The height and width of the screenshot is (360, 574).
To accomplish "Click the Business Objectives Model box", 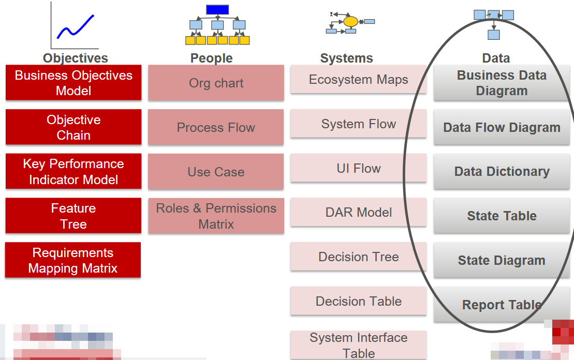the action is point(73,83).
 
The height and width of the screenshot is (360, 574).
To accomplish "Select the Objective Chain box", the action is point(73,127).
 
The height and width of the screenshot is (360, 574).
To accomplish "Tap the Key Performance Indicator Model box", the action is point(73,171).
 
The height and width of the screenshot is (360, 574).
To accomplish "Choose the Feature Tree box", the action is point(73,216).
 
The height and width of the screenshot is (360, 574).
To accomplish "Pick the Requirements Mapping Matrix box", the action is point(73,260).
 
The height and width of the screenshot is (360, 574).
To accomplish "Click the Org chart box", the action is point(216,83).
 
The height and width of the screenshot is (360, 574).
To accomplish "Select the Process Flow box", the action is point(216,127).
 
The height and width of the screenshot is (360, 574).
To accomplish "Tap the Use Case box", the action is point(216,171).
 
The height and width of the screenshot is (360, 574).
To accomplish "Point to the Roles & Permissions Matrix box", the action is point(216,216).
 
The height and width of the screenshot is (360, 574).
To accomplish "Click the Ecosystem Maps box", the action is point(358,79).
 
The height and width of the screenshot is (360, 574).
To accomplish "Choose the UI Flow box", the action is point(358,168).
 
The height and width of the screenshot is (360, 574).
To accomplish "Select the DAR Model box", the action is point(358,212).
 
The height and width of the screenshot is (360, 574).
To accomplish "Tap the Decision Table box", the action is point(358,301).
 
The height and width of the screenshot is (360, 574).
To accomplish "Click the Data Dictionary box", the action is point(502,171).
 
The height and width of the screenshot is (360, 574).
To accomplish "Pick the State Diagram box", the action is point(502,260).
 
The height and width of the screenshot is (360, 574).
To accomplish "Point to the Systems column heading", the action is point(347,58).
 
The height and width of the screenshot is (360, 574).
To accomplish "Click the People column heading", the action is point(212,58).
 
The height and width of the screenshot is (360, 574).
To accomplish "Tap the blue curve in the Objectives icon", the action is point(76,27).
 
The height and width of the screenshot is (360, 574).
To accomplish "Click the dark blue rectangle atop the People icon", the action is point(217,9).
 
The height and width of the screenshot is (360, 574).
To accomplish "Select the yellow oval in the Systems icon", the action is point(351,22).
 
